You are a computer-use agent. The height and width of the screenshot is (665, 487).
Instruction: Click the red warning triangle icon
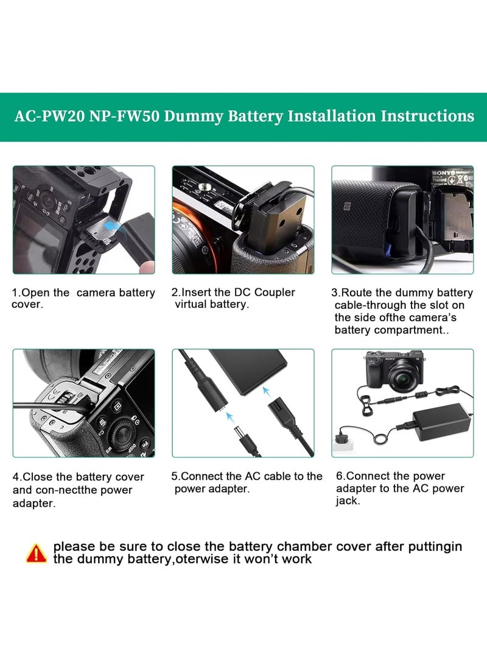click(37, 553)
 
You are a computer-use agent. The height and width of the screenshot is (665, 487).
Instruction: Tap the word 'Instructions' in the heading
click(427, 116)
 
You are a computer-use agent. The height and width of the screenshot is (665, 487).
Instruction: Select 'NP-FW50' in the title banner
click(123, 116)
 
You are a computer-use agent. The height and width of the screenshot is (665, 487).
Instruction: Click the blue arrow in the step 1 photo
click(110, 227)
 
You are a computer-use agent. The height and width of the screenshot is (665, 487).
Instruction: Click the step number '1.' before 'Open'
click(16, 293)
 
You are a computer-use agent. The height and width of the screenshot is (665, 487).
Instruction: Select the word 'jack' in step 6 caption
click(346, 501)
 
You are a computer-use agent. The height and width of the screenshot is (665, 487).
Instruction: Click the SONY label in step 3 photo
click(441, 173)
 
